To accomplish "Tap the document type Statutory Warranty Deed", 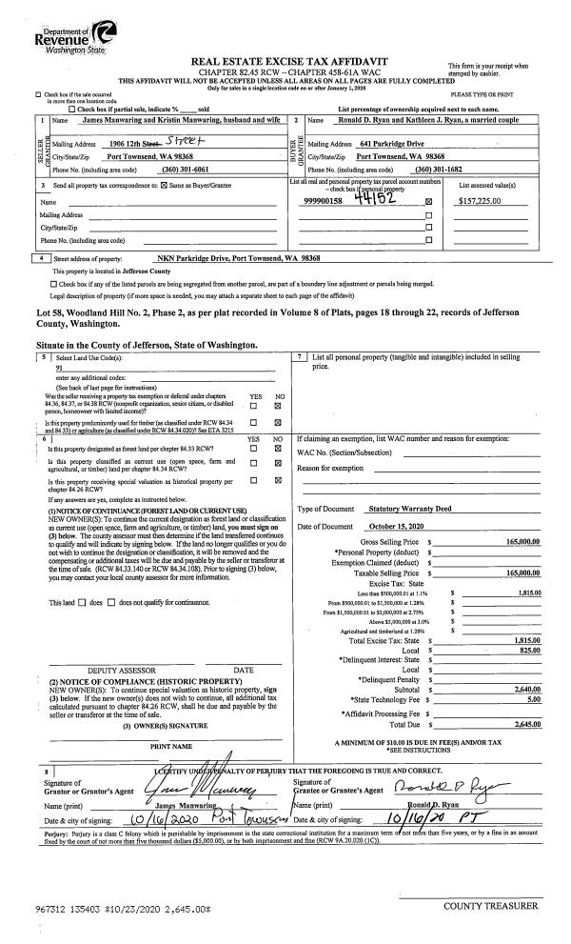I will (411, 510).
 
